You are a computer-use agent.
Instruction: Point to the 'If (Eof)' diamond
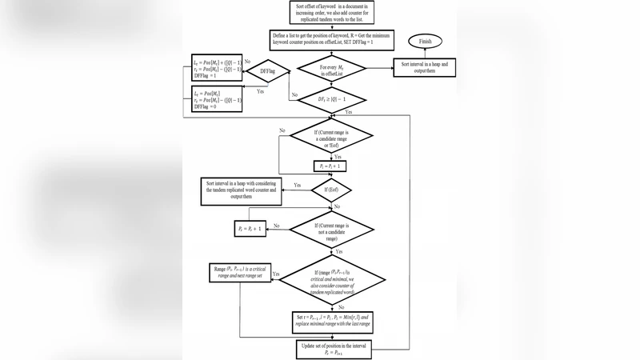point(330,190)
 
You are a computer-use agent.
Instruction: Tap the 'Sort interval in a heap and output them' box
point(423,68)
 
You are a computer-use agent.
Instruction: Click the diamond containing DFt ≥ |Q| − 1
point(330,100)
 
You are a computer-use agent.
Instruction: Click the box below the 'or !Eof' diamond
point(330,166)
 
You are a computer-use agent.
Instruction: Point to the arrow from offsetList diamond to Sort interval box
point(378,68)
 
